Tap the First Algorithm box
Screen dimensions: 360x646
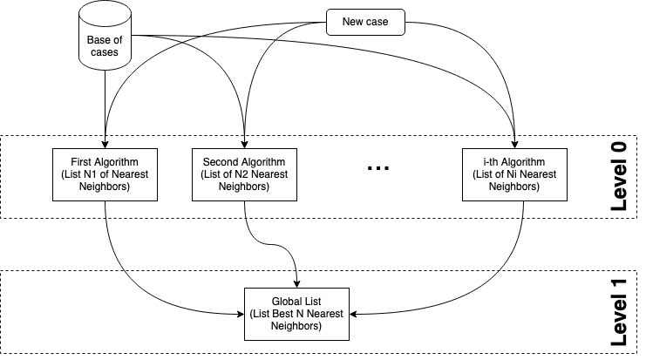pyautogui.click(x=105, y=174)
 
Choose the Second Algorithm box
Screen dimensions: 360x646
pyautogui.click(x=244, y=174)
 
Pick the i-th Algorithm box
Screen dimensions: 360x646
pyautogui.click(x=515, y=174)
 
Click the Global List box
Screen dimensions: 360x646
pyautogui.click(x=298, y=313)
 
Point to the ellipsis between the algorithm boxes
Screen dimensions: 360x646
pyautogui.click(x=379, y=168)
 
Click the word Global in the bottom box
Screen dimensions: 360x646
pyautogui.click(x=284, y=302)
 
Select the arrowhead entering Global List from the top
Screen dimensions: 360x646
pyautogui.click(x=298, y=282)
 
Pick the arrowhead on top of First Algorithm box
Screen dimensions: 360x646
pyautogui.click(x=105, y=143)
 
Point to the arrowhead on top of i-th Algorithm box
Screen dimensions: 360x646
pyautogui.click(x=515, y=143)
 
